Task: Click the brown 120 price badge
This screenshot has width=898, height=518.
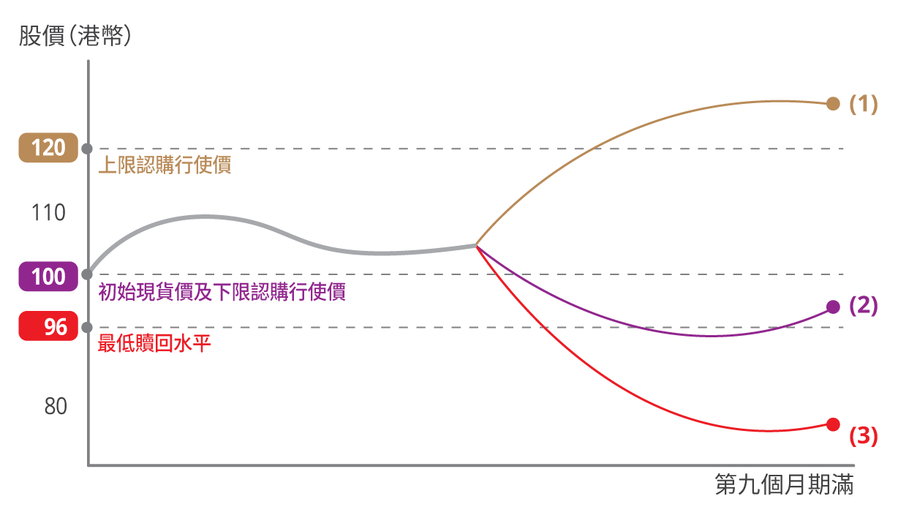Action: pyautogui.click(x=48, y=148)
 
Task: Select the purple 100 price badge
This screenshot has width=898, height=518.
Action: pyautogui.click(x=48, y=277)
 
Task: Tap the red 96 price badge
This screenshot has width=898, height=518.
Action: pyautogui.click(x=48, y=326)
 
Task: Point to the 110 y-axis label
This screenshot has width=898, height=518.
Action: pyautogui.click(x=48, y=213)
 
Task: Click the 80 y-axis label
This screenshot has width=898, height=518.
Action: pyautogui.click(x=56, y=407)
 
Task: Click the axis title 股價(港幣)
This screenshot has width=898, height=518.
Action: pyautogui.click(x=75, y=37)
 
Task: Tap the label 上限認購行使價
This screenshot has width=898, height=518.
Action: pyautogui.click(x=165, y=165)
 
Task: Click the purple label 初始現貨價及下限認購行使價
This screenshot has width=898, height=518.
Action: pyautogui.click(x=222, y=292)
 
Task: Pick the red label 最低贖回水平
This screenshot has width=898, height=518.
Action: pyautogui.click(x=154, y=344)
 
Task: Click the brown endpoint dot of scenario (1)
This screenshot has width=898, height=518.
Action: pyautogui.click(x=833, y=103)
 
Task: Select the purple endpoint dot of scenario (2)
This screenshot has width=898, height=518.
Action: pyautogui.click(x=833, y=307)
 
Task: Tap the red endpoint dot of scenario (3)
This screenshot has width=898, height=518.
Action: pyautogui.click(x=833, y=424)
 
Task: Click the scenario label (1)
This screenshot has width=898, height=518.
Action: pyautogui.click(x=863, y=104)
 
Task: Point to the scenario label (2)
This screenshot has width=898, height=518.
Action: pyautogui.click(x=863, y=306)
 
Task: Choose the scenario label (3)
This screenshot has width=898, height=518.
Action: pyautogui.click(x=863, y=437)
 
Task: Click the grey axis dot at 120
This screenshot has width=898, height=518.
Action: pyautogui.click(x=87, y=149)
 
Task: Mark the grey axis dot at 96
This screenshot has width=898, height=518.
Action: pyautogui.click(x=87, y=327)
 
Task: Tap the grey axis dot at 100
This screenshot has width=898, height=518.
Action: pyautogui.click(x=87, y=274)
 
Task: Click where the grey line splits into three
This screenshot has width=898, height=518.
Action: pyautogui.click(x=476, y=244)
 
